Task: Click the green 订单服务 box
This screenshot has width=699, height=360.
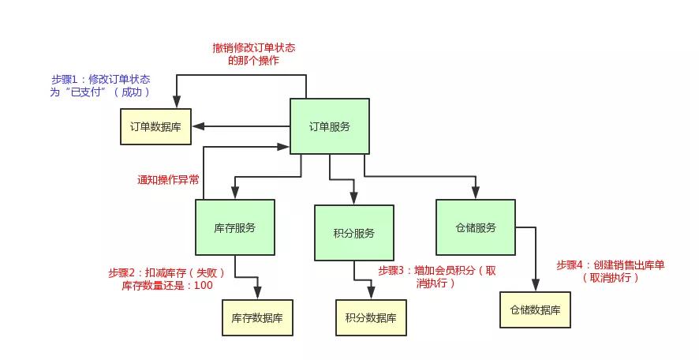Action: coord(329,126)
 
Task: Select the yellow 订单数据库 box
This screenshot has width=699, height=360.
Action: coord(155,126)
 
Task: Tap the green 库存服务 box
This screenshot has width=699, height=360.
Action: coord(234,227)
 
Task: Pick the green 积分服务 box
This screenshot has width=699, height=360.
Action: coord(353,233)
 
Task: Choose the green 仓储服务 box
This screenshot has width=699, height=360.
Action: coord(475,227)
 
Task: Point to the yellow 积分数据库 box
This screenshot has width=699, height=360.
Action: coord(370,318)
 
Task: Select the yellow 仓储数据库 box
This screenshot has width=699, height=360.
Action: coord(534,310)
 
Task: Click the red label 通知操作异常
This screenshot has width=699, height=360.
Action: coord(169,180)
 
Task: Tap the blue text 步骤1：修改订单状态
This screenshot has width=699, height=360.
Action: coord(101,80)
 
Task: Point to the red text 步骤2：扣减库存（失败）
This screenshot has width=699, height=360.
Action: coord(167,273)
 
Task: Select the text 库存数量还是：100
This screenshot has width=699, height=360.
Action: coord(167,285)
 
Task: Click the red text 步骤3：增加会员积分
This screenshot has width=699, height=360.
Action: coord(436,271)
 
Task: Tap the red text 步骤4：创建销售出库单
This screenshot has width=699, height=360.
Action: coord(610,265)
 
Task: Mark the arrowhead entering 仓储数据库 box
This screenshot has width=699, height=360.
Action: coord(537,287)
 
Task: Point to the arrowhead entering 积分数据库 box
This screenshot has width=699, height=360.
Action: coord(370,295)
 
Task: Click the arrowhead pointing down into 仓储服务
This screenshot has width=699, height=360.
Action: coord(476,194)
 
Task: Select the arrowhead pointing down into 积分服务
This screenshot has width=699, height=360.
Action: coord(353,200)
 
